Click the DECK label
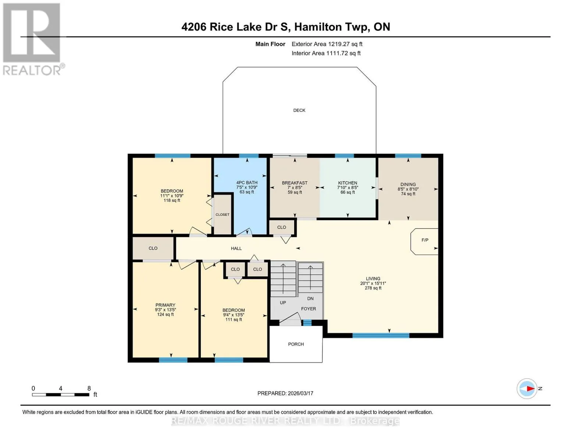299,110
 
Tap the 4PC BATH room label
247,183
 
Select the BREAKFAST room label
295,183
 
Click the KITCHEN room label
347,183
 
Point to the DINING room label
408,184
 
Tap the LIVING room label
373,279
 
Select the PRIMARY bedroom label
165,305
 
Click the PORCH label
296,344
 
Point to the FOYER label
308,309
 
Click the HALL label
236,248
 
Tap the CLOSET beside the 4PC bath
222,215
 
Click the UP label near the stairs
283,302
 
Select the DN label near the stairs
310,298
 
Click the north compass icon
527,389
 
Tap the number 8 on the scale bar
89,388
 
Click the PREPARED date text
285,393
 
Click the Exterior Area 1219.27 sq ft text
327,44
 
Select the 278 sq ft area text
373,288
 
